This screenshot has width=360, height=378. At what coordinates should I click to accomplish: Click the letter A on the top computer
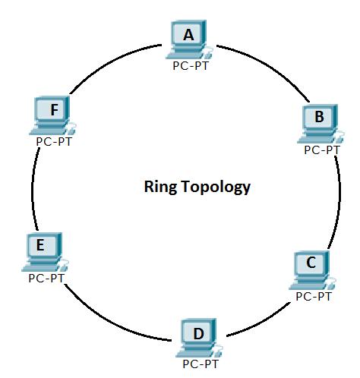pos(188,35)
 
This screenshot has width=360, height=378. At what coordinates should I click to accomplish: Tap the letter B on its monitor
pos(319,117)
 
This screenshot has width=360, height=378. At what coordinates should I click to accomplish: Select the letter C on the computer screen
pos(311,263)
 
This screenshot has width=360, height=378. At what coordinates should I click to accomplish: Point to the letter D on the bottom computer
pos(198,333)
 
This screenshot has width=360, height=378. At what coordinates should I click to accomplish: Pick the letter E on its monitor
pos(40,245)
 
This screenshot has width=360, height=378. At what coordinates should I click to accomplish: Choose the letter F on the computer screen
pos(55,110)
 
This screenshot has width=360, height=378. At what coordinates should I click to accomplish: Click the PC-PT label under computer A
pos(191,66)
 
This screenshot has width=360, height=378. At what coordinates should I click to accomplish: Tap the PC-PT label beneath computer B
pos(321,150)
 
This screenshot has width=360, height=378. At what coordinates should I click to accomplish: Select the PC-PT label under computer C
pos(314,297)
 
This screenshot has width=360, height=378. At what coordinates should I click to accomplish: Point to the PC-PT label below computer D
pos(201,364)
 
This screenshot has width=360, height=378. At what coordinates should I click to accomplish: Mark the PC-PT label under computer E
pos(46,279)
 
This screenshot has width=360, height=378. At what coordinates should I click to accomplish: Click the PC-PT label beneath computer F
pos(54,142)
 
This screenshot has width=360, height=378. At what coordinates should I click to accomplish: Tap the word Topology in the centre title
pos(216,187)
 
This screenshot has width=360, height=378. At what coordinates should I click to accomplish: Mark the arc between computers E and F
pos(32,188)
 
